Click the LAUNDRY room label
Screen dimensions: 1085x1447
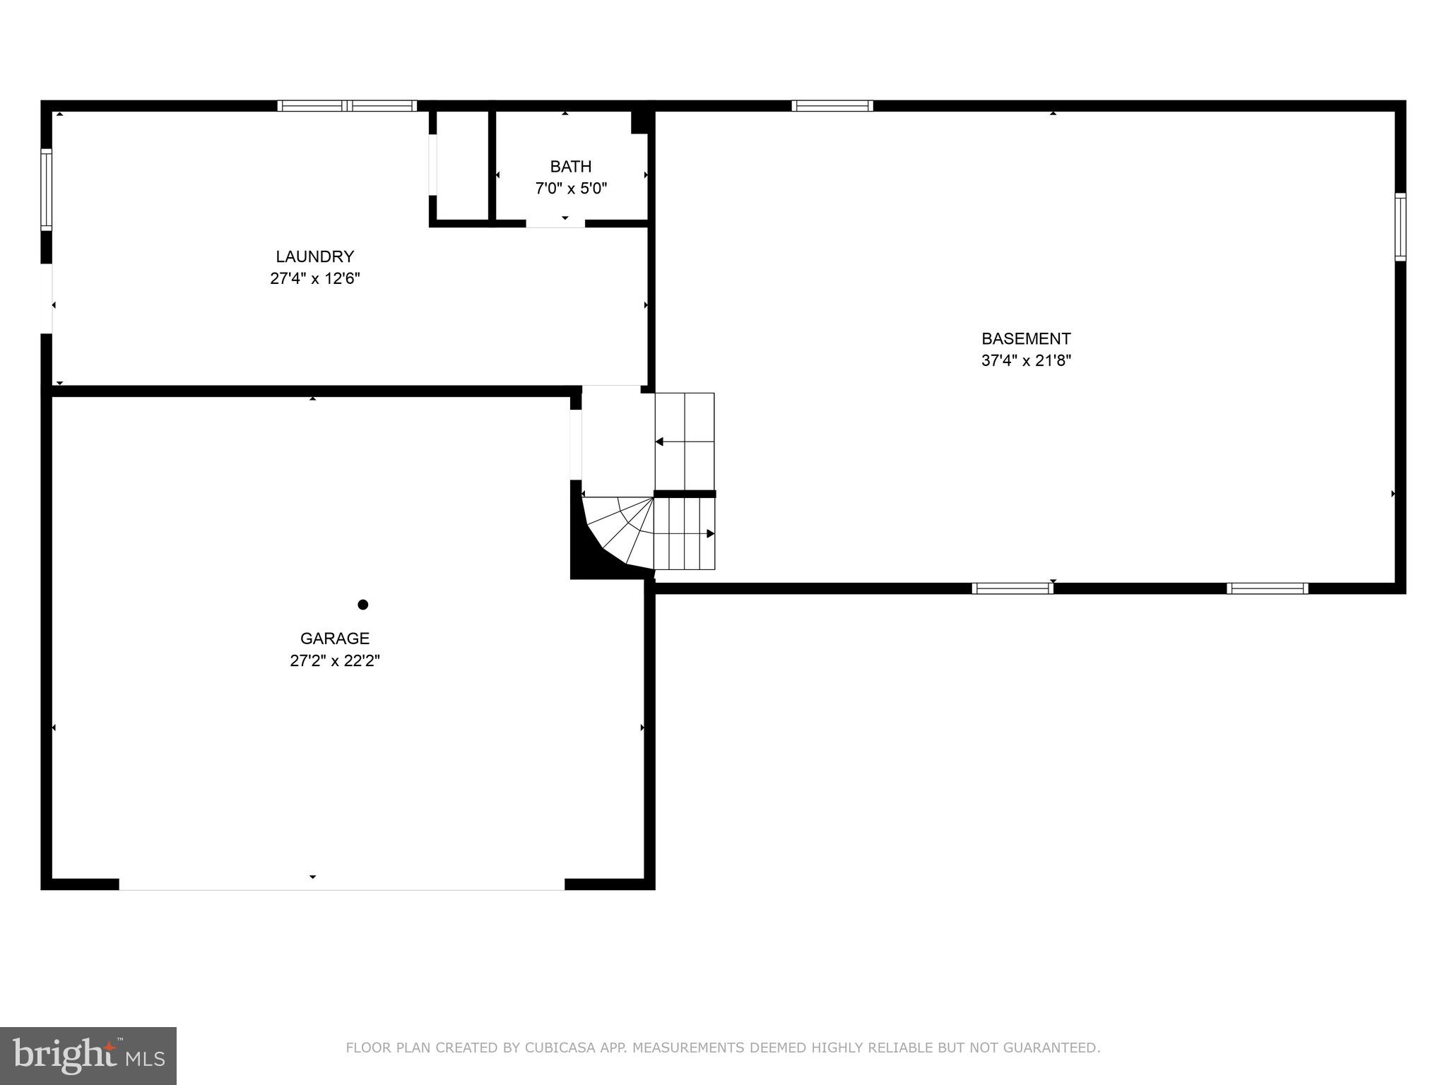tap(314, 256)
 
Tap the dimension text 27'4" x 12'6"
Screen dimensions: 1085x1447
tap(314, 278)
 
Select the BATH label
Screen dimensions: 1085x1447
tap(571, 167)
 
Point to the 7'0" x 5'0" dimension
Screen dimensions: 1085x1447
tap(571, 189)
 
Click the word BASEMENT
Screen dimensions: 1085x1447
tap(1026, 338)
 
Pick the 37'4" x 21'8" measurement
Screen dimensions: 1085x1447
tap(1026, 360)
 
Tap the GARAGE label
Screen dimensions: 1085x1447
tap(335, 639)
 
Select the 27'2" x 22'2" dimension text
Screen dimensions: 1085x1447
tap(335, 661)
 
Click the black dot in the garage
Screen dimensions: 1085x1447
tap(363, 605)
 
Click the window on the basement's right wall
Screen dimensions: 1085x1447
tap(1400, 227)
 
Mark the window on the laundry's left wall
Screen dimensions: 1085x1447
tap(47, 189)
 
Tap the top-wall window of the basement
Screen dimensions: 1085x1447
tap(832, 106)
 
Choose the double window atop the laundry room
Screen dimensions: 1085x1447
tap(347, 106)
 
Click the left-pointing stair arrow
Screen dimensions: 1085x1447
tap(659, 441)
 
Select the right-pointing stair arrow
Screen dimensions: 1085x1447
tap(710, 533)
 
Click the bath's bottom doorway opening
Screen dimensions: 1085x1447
tap(555, 223)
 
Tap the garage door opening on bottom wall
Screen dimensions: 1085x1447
tap(341, 884)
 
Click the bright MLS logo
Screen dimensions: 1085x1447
tap(88, 1055)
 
